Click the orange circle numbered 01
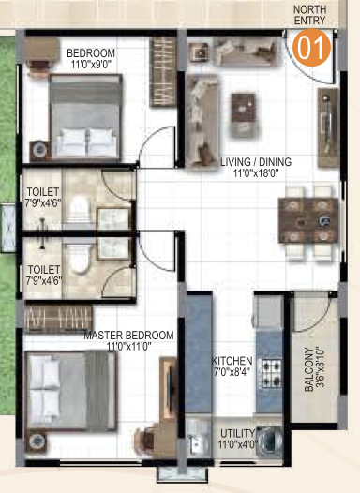tap(311, 48)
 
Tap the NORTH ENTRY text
tap(309, 15)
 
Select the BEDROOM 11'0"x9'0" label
tap(91, 58)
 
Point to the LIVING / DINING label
tap(256, 167)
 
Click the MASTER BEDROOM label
tap(129, 340)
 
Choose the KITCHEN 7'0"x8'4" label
tap(232, 366)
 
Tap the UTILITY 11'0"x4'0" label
tap(238, 439)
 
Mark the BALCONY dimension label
tap(314, 368)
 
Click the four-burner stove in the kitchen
tap(270, 373)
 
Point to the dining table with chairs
tap(308, 220)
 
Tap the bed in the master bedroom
tap(71, 391)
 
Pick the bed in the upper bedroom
tap(85, 116)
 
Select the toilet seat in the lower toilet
tap(79, 256)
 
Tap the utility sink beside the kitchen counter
tap(197, 438)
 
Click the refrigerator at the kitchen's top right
tap(269, 311)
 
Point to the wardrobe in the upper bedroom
tap(163, 71)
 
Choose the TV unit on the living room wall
tap(328, 127)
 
